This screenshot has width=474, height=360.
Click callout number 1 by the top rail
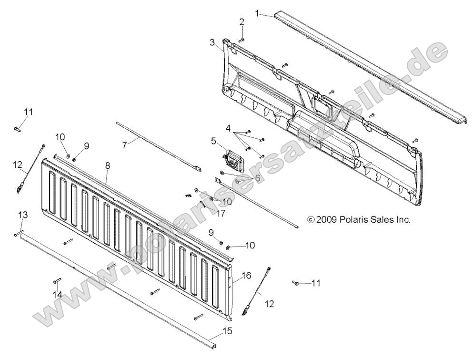tap(258, 13)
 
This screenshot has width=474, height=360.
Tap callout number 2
tap(242, 22)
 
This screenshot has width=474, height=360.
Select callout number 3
tap(212, 42)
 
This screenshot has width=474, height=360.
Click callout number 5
tap(214, 141)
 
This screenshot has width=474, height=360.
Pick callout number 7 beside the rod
tap(125, 144)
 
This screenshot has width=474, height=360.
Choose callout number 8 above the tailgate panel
tap(108, 166)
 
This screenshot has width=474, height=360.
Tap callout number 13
tap(22, 216)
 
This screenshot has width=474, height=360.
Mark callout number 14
tap(58, 295)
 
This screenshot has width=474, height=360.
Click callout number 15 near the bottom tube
tap(228, 330)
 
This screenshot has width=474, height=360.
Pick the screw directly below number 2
tap(241, 40)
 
